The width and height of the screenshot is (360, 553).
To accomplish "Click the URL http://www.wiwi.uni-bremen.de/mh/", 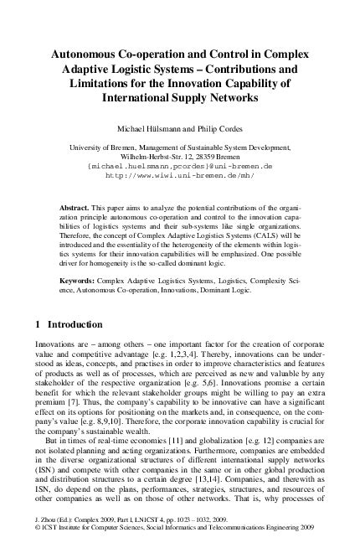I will tap(180, 175).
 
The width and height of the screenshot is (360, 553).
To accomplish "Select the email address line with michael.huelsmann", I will tap(180, 166).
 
